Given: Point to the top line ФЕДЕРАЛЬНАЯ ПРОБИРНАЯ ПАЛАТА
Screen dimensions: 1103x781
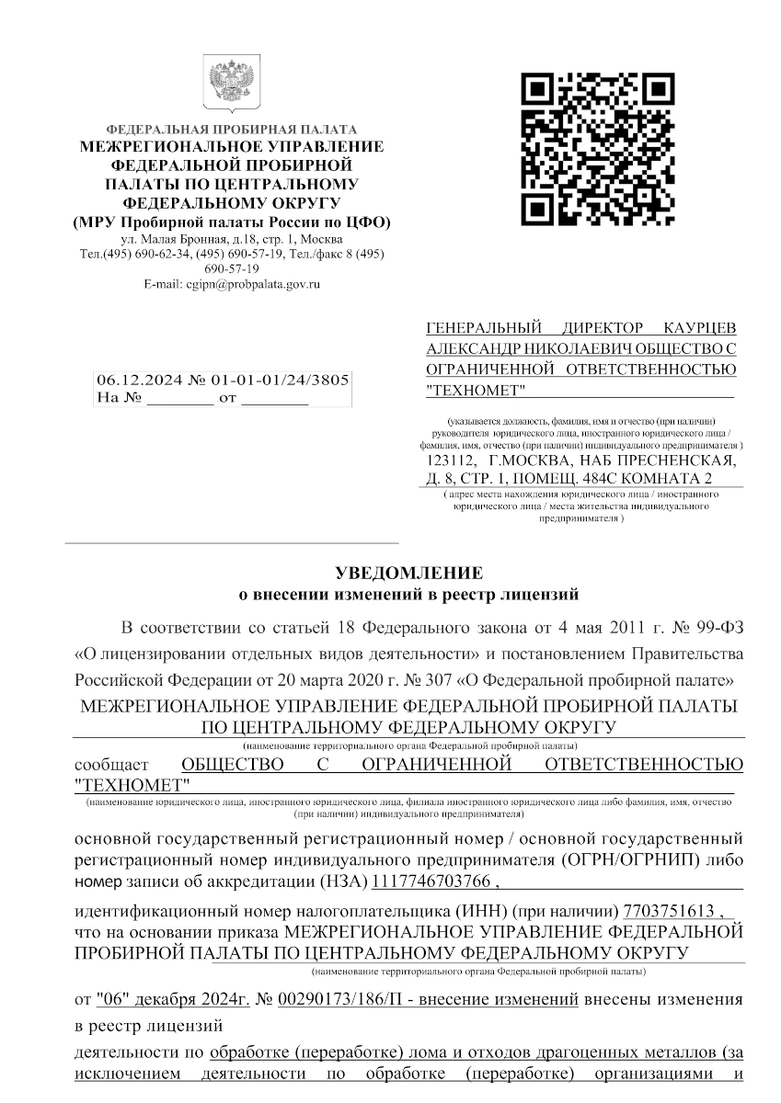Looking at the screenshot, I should click(233, 129).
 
